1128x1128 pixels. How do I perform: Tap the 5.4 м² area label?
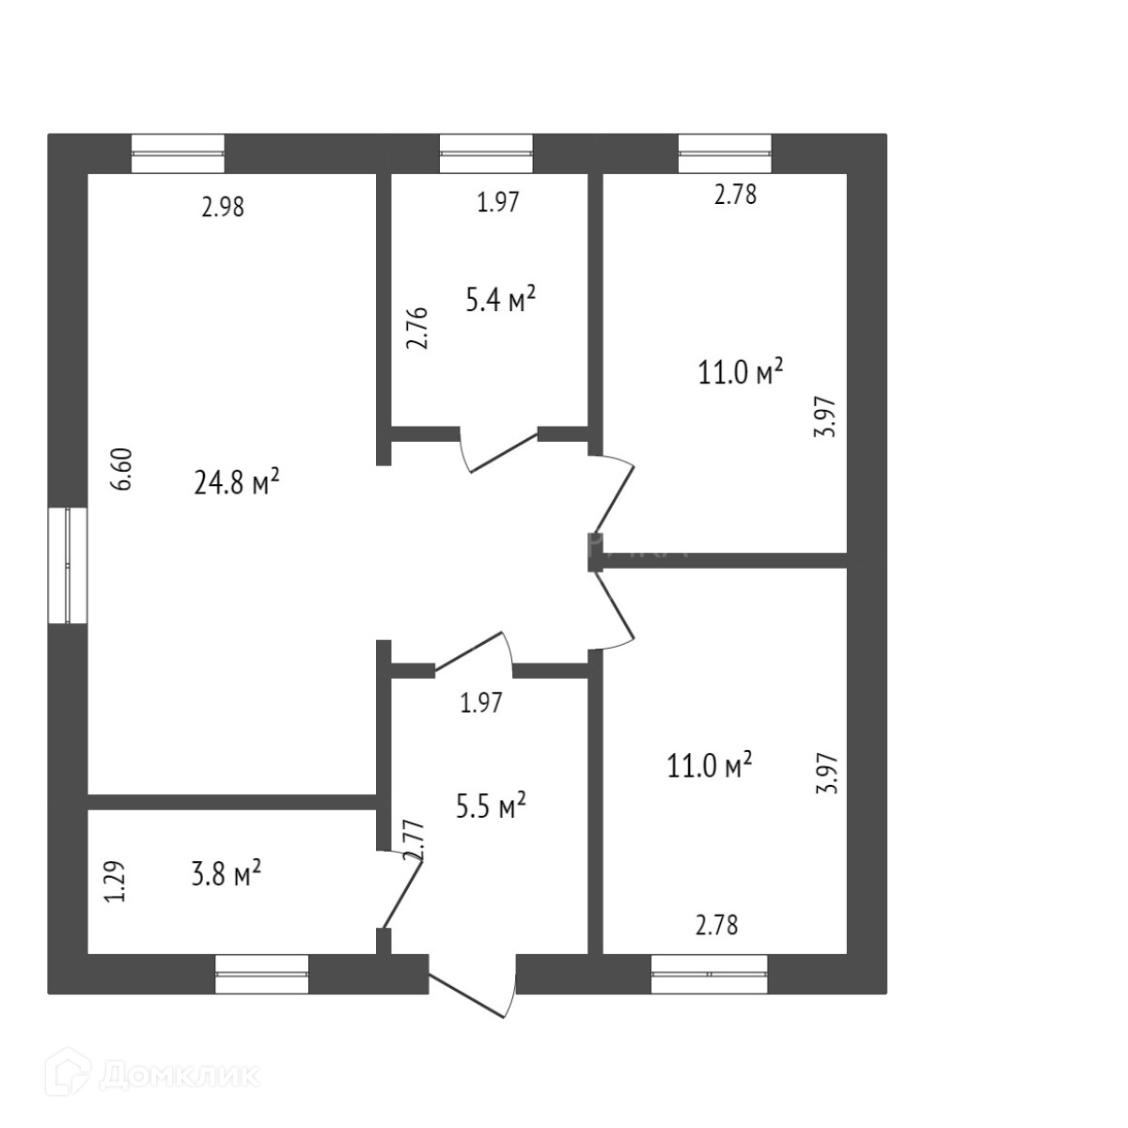coord(500,300)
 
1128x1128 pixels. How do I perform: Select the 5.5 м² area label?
coord(490,807)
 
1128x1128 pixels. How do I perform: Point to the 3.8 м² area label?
coord(225,875)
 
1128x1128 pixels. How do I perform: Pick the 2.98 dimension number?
coord(223,207)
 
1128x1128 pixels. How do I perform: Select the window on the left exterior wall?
coord(68,565)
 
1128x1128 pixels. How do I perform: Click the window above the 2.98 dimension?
coord(178,153)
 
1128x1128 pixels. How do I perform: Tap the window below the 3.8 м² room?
coord(261,974)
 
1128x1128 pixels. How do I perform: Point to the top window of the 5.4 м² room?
coord(486,153)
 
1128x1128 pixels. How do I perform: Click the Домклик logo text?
coord(178,1074)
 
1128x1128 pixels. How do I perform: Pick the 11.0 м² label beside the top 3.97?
coord(741,372)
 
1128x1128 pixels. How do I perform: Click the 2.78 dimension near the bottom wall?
coord(716,925)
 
